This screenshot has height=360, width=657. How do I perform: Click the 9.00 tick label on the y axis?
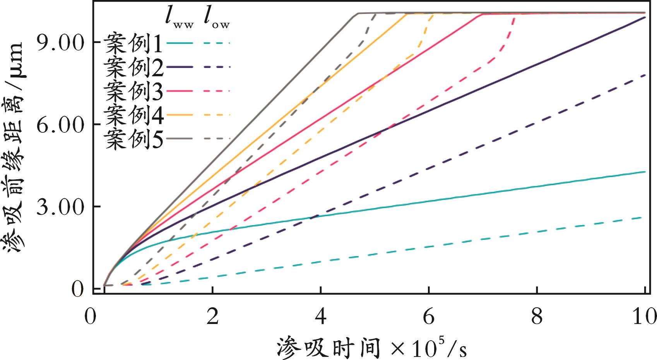point(60,43)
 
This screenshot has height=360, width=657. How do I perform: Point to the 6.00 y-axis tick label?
point(60,125)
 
